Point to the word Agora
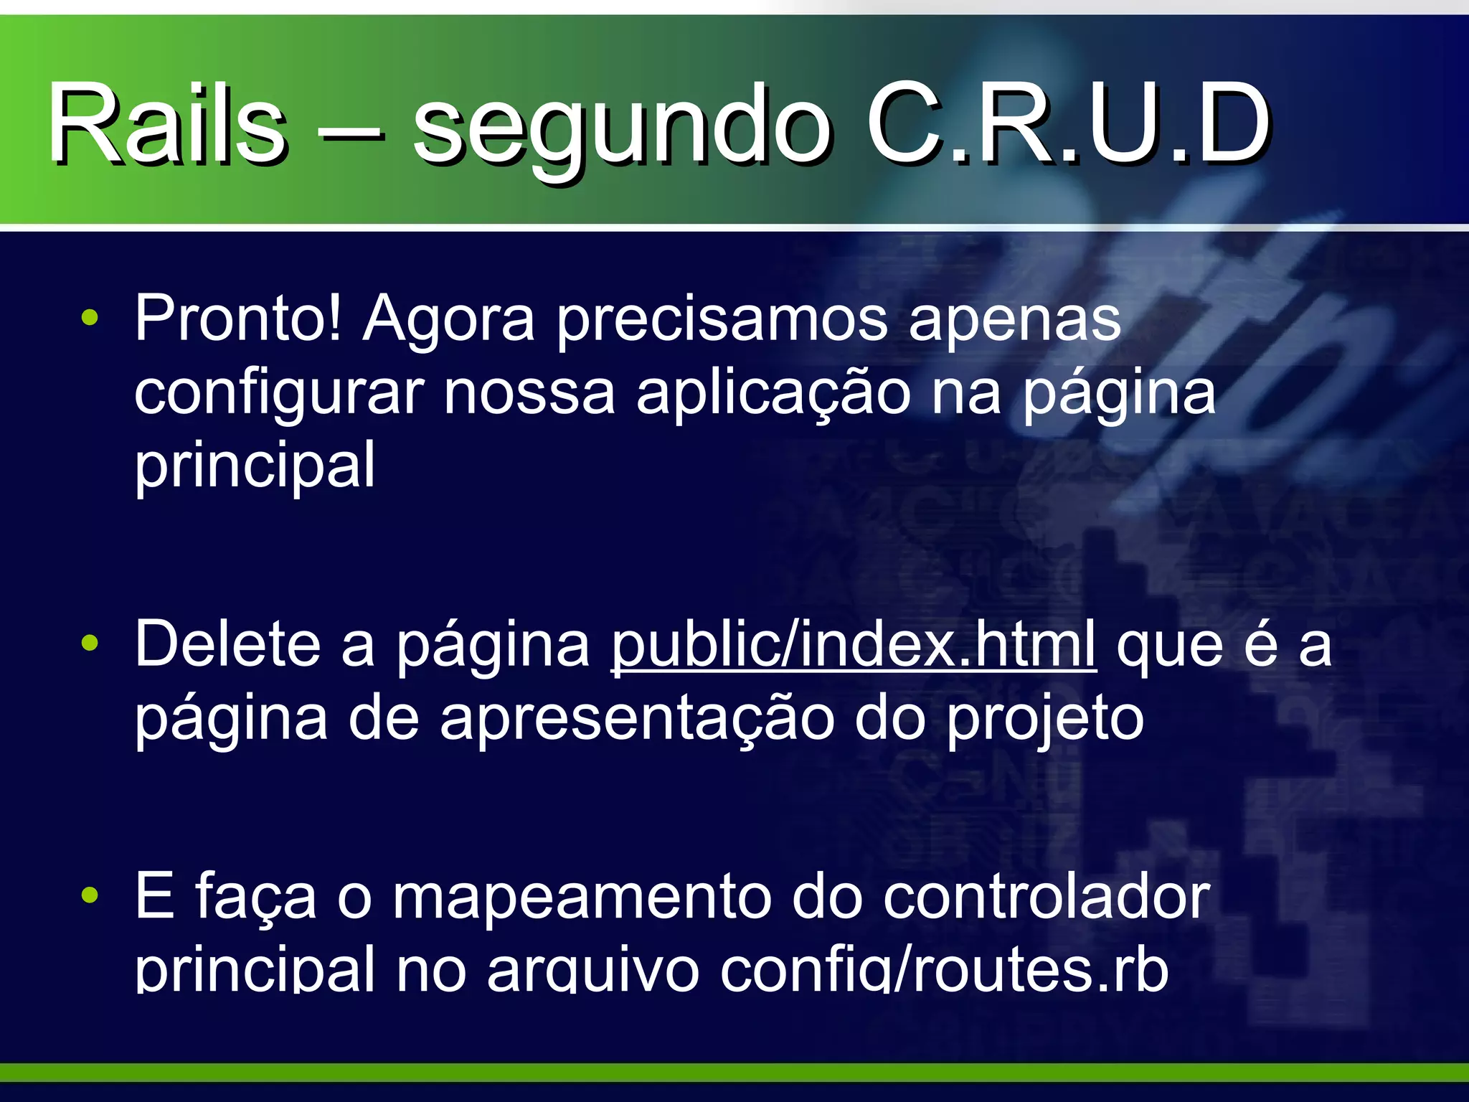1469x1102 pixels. point(449,320)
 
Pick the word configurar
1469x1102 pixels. point(279,394)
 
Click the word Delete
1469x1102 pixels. point(227,644)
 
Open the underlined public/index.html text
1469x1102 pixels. point(854,644)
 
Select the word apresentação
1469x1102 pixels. point(637,719)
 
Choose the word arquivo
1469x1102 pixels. point(592,971)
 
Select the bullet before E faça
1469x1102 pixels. point(90,895)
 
